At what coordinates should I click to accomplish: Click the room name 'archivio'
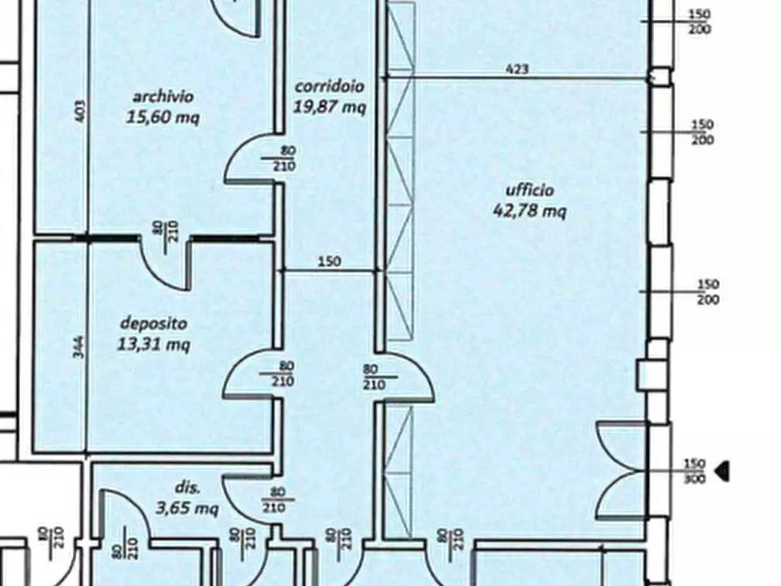click(x=163, y=96)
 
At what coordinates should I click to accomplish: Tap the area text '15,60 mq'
click(x=163, y=117)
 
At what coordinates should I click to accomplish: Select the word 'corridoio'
click(x=329, y=87)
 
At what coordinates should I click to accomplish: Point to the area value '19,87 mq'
click(x=329, y=107)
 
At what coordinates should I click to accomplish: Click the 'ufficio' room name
click(x=529, y=190)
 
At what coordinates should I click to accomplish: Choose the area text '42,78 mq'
click(x=529, y=211)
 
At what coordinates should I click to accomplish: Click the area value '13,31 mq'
click(x=153, y=344)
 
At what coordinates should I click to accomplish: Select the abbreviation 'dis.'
click(x=188, y=487)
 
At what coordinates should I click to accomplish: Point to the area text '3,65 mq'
click(x=187, y=508)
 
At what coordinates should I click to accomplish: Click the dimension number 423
click(x=517, y=69)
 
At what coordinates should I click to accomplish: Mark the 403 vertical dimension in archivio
click(x=80, y=111)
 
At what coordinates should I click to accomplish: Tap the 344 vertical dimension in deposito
click(x=78, y=347)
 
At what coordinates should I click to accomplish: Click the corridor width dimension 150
click(x=329, y=262)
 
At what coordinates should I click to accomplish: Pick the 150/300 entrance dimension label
click(x=694, y=471)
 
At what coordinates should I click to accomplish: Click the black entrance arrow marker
click(x=722, y=471)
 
